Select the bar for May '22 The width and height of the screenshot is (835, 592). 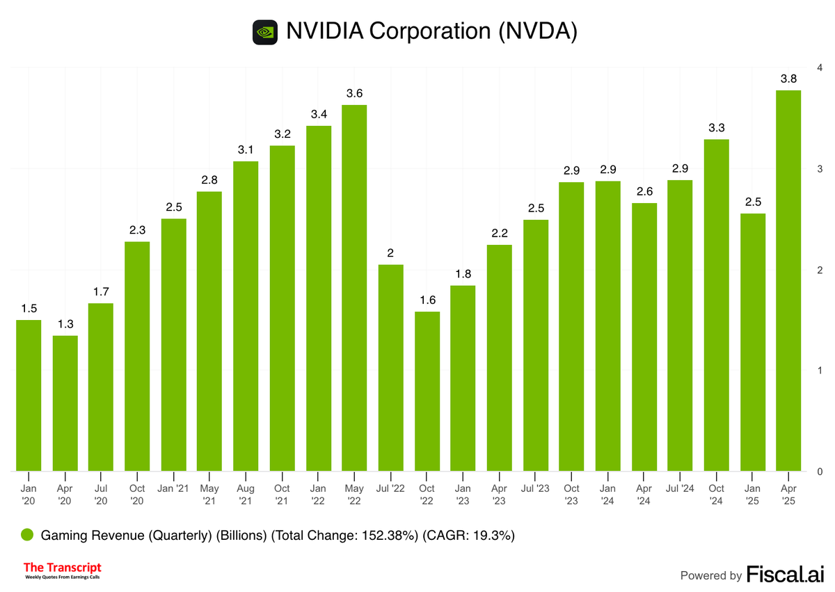coord(354,288)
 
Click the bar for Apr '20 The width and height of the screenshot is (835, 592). coord(65,403)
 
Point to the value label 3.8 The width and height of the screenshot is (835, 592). coord(788,79)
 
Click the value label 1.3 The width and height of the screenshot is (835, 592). coord(65,324)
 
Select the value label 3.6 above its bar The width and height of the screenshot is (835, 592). coord(354,93)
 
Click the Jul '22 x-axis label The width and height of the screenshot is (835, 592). coord(390,489)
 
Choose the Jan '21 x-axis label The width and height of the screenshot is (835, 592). coord(173,489)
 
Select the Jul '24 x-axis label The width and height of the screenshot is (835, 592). coord(680,489)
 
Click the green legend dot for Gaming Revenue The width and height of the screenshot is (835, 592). coord(27,536)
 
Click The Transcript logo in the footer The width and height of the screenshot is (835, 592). coord(63,571)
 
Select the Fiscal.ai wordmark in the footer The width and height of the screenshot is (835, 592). coord(785,575)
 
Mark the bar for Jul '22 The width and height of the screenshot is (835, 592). coord(390,368)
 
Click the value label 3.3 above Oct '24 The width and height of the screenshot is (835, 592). coord(716,128)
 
